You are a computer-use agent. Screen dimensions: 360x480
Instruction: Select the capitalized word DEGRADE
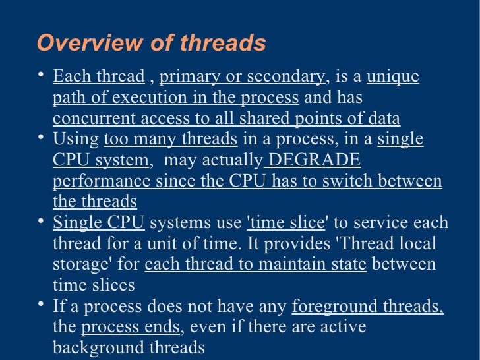coord(315,160)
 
